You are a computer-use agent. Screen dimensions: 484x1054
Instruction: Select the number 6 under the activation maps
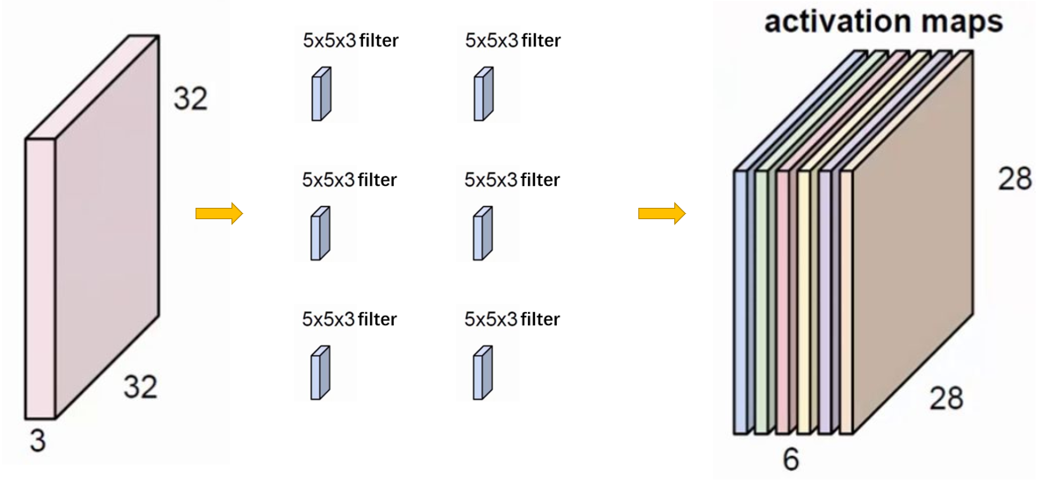point(790,459)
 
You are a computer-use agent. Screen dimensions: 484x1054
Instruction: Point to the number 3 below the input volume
point(37,441)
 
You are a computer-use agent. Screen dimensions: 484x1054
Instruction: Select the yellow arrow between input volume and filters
point(218,214)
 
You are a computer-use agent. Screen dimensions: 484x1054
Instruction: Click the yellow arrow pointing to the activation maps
point(661,214)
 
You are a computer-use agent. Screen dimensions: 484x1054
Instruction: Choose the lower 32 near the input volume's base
point(139,387)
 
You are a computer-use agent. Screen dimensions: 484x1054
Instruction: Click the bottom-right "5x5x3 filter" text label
point(512,319)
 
